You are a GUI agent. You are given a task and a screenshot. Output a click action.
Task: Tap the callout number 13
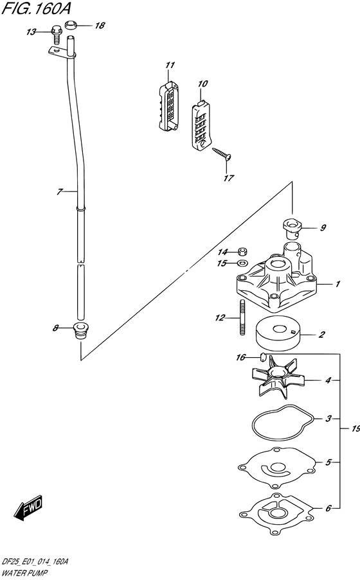(x=31, y=32)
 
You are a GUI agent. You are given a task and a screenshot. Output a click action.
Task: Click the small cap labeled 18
(x=70, y=25)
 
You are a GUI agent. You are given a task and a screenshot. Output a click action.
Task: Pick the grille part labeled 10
(x=202, y=125)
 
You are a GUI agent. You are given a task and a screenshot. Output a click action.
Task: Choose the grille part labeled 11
(x=169, y=105)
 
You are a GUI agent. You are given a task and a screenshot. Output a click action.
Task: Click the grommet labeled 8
(x=79, y=331)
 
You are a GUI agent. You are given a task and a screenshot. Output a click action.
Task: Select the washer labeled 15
(x=242, y=263)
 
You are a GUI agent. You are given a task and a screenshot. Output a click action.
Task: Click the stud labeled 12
(x=242, y=317)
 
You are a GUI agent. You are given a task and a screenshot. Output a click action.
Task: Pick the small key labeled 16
(x=264, y=357)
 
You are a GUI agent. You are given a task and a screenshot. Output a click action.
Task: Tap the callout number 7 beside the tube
(x=60, y=191)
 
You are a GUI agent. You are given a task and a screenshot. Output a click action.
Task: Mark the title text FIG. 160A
(x=36, y=8)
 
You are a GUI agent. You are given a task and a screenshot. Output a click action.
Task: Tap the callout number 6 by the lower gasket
(x=328, y=508)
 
